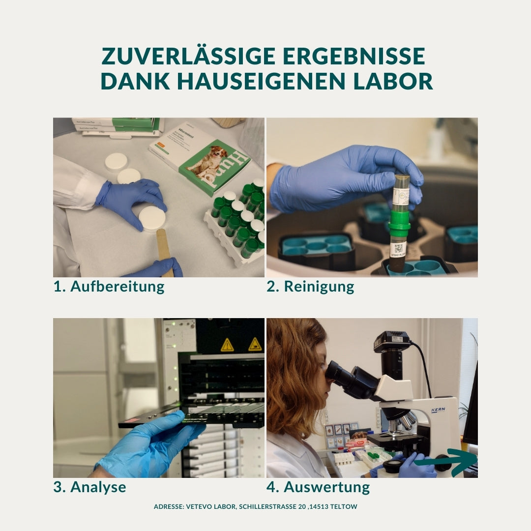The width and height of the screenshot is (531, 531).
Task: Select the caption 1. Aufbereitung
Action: coord(109,287)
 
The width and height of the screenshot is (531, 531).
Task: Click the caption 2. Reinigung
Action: coord(310,287)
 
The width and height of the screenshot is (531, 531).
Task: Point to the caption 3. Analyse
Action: coord(89,487)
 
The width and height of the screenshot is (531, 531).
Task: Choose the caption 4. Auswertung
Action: coord(318,487)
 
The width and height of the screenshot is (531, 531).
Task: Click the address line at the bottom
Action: coord(255,506)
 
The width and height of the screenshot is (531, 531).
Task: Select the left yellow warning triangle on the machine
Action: coord(227,345)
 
